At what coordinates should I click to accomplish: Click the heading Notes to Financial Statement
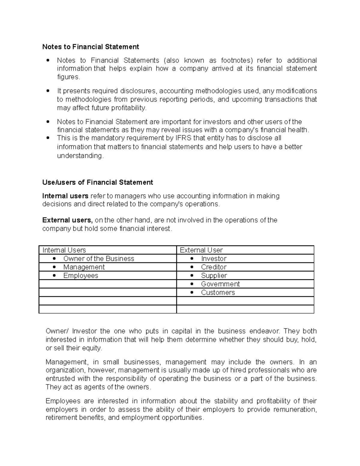tap(91, 47)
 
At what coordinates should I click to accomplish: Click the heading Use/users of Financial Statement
tap(97, 182)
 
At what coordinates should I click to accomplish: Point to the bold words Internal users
tap(65, 196)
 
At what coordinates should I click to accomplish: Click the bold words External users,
tap(67, 220)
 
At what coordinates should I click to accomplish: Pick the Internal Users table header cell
tap(64, 250)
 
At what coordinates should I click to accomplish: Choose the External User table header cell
tap(201, 250)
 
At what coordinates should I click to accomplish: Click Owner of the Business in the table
tap(99, 259)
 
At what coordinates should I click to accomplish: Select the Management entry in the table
tap(84, 267)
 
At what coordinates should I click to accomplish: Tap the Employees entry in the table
tap(81, 275)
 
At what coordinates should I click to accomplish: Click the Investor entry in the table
tap(214, 259)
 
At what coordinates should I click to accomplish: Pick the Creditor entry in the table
tap(214, 267)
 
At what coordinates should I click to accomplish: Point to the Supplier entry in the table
tap(214, 275)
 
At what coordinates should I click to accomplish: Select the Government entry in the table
tap(220, 284)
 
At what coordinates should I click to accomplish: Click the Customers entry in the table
tap(218, 293)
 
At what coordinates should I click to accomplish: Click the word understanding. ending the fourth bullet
tap(80, 156)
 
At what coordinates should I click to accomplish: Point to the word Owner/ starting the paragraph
tap(57, 331)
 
